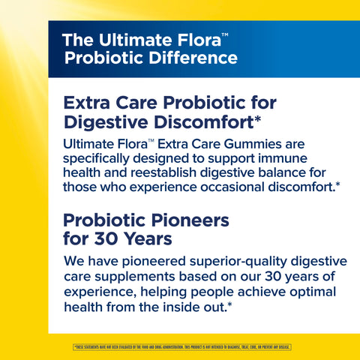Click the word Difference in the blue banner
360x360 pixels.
click(x=190, y=58)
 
